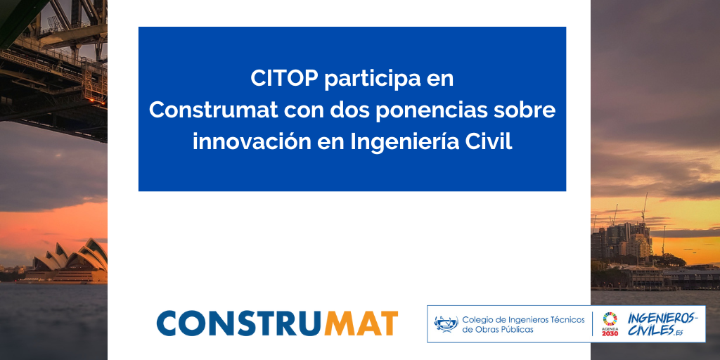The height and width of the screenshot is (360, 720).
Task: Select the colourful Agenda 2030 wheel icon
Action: pyautogui.click(x=610, y=318)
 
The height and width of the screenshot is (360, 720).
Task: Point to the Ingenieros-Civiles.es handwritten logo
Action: pyautogui.click(x=661, y=324)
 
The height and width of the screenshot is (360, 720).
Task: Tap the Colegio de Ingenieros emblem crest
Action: pyautogui.click(x=446, y=324)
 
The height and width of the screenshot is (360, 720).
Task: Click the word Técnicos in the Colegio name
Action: pyautogui.click(x=562, y=319)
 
